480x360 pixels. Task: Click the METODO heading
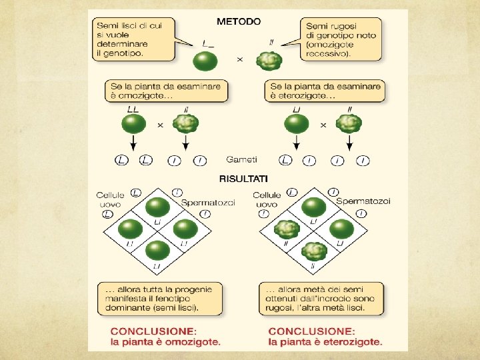click(239, 21)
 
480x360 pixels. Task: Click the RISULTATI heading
click(243, 179)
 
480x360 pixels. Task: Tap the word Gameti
click(241, 160)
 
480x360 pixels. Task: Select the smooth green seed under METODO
click(205, 61)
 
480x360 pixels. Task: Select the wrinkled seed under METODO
click(269, 61)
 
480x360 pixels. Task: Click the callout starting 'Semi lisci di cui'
click(133, 39)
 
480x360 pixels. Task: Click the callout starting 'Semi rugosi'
click(341, 39)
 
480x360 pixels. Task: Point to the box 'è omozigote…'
click(166, 91)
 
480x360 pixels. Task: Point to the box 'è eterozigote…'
click(326, 91)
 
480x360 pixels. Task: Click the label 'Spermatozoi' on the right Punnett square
click(363, 201)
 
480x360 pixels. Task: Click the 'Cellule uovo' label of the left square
click(110, 199)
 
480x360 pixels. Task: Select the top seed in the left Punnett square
click(158, 207)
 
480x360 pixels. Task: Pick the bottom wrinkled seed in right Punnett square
click(313, 251)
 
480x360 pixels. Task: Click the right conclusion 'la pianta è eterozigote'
click(325, 337)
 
